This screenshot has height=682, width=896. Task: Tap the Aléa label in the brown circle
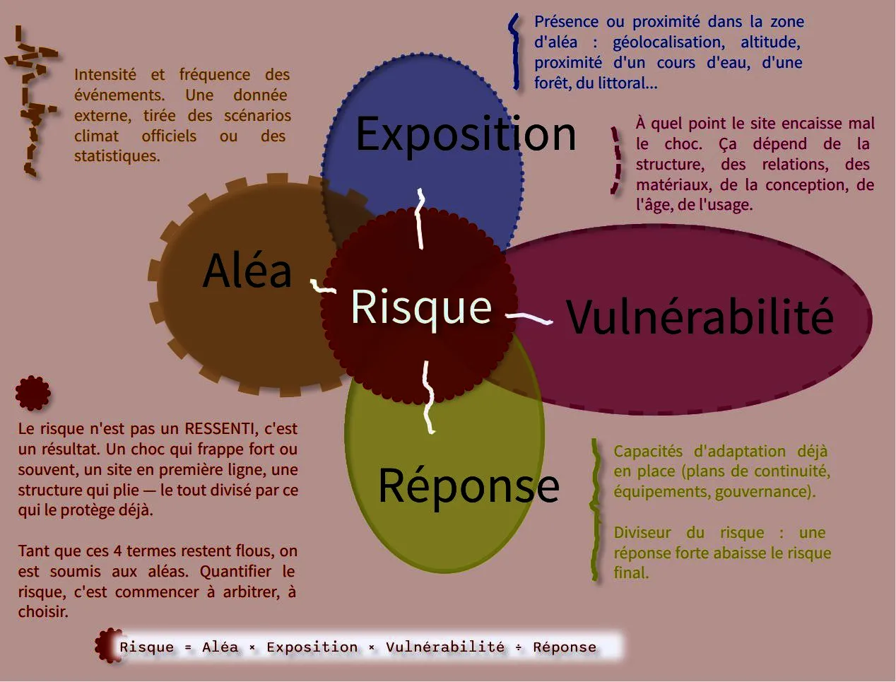247,270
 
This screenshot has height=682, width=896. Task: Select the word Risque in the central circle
421,308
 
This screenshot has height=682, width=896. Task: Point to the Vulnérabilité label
700,316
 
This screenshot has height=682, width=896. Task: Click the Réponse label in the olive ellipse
468,487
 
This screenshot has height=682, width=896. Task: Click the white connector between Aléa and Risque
323,286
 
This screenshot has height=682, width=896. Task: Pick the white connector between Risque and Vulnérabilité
529,318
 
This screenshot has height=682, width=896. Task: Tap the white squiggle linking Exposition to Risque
420,219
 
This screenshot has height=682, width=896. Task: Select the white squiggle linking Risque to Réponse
428,397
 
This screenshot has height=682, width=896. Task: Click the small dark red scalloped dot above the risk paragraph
33,393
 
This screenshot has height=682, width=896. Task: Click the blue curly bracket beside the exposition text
515,52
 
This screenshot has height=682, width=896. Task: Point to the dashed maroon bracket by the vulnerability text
616,160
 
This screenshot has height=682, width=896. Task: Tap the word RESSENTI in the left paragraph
219,428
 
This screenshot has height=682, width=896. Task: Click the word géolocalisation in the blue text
668,42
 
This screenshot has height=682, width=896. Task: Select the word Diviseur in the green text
642,533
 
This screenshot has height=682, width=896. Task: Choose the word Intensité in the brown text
105,75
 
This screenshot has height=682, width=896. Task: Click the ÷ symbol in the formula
519,647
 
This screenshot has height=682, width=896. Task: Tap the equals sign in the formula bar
188,647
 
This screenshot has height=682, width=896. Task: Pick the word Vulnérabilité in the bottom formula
445,647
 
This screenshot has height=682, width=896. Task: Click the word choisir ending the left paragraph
43,612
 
